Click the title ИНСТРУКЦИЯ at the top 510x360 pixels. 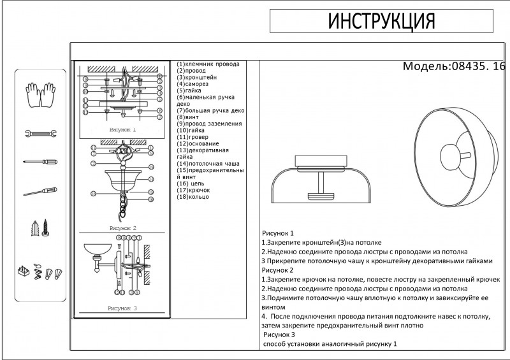(381, 22)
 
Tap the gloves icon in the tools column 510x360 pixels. (40, 94)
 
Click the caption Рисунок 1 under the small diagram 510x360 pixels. (123, 129)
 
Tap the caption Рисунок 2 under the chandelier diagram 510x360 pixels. (123, 227)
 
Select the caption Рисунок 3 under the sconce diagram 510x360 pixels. (123, 308)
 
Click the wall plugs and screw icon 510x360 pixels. (40, 229)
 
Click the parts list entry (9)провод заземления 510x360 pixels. (210, 124)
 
